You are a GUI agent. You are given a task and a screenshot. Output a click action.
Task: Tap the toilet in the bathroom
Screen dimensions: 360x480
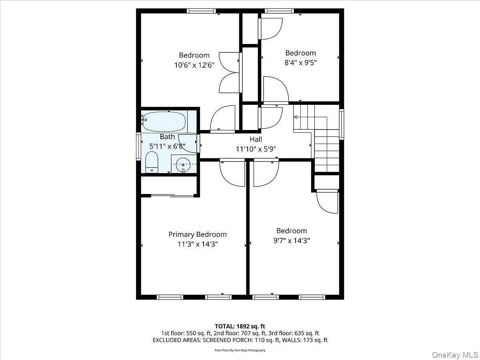tap(152, 162)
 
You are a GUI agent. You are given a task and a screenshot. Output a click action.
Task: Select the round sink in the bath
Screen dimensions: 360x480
tap(184, 164)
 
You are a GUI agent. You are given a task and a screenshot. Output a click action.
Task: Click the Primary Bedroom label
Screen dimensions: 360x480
tap(197, 234)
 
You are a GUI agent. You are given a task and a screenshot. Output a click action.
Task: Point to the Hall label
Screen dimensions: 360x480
tap(256, 140)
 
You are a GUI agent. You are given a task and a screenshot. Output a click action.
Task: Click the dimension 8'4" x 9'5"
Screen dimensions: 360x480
tap(300, 62)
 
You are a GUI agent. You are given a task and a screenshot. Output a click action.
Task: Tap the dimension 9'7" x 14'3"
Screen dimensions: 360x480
tap(292, 240)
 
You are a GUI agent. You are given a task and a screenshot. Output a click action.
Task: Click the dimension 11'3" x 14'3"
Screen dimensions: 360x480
tap(197, 244)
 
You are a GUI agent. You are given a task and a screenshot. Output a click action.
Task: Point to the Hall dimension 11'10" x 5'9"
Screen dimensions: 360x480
tap(256, 149)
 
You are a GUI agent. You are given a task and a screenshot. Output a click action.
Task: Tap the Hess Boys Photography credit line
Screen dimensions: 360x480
tap(240, 350)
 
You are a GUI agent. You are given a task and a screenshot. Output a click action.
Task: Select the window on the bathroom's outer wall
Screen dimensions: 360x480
tap(138, 147)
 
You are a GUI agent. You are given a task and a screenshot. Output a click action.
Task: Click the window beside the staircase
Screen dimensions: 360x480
tap(342, 124)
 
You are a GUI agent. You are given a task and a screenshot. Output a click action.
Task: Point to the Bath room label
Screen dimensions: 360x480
tap(167, 137)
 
